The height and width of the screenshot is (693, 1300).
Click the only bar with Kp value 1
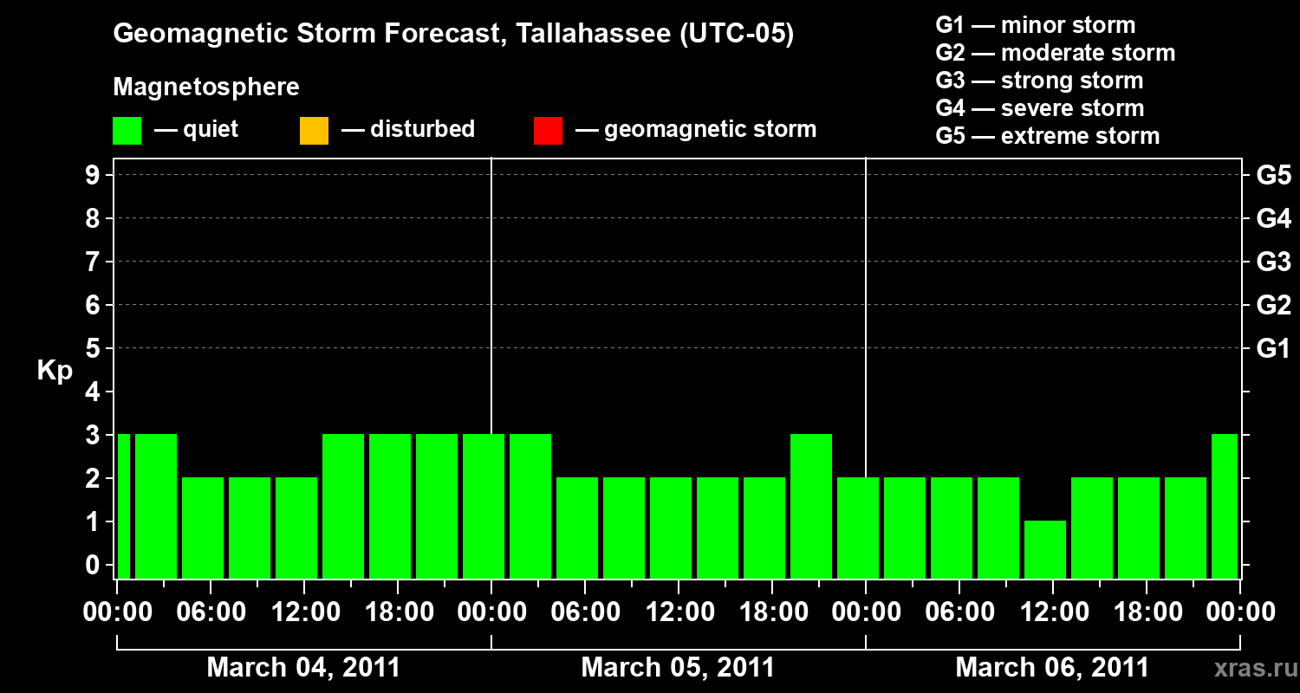click(x=1044, y=549)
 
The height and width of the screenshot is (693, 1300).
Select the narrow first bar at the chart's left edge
click(x=123, y=506)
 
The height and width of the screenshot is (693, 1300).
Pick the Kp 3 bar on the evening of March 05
click(x=811, y=506)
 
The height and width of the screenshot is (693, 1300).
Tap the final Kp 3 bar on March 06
click(x=1225, y=506)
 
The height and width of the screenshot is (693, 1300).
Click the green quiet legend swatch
click(x=127, y=131)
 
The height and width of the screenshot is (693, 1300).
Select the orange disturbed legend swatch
click(x=314, y=131)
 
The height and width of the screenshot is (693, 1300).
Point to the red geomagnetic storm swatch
click(x=548, y=131)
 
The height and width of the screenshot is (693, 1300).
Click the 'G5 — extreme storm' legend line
click(x=1047, y=136)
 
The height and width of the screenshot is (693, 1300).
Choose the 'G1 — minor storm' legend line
click(x=1035, y=25)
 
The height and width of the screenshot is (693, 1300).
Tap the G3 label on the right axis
click(x=1273, y=262)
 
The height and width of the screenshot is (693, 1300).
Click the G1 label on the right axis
click(x=1273, y=349)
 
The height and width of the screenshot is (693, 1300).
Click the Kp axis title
click(x=55, y=372)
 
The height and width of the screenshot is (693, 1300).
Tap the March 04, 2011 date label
click(x=303, y=668)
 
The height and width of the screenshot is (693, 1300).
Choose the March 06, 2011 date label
click(x=1052, y=668)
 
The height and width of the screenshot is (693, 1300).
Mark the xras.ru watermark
click(x=1250, y=668)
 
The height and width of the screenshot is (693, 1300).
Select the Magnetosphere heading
click(x=206, y=87)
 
